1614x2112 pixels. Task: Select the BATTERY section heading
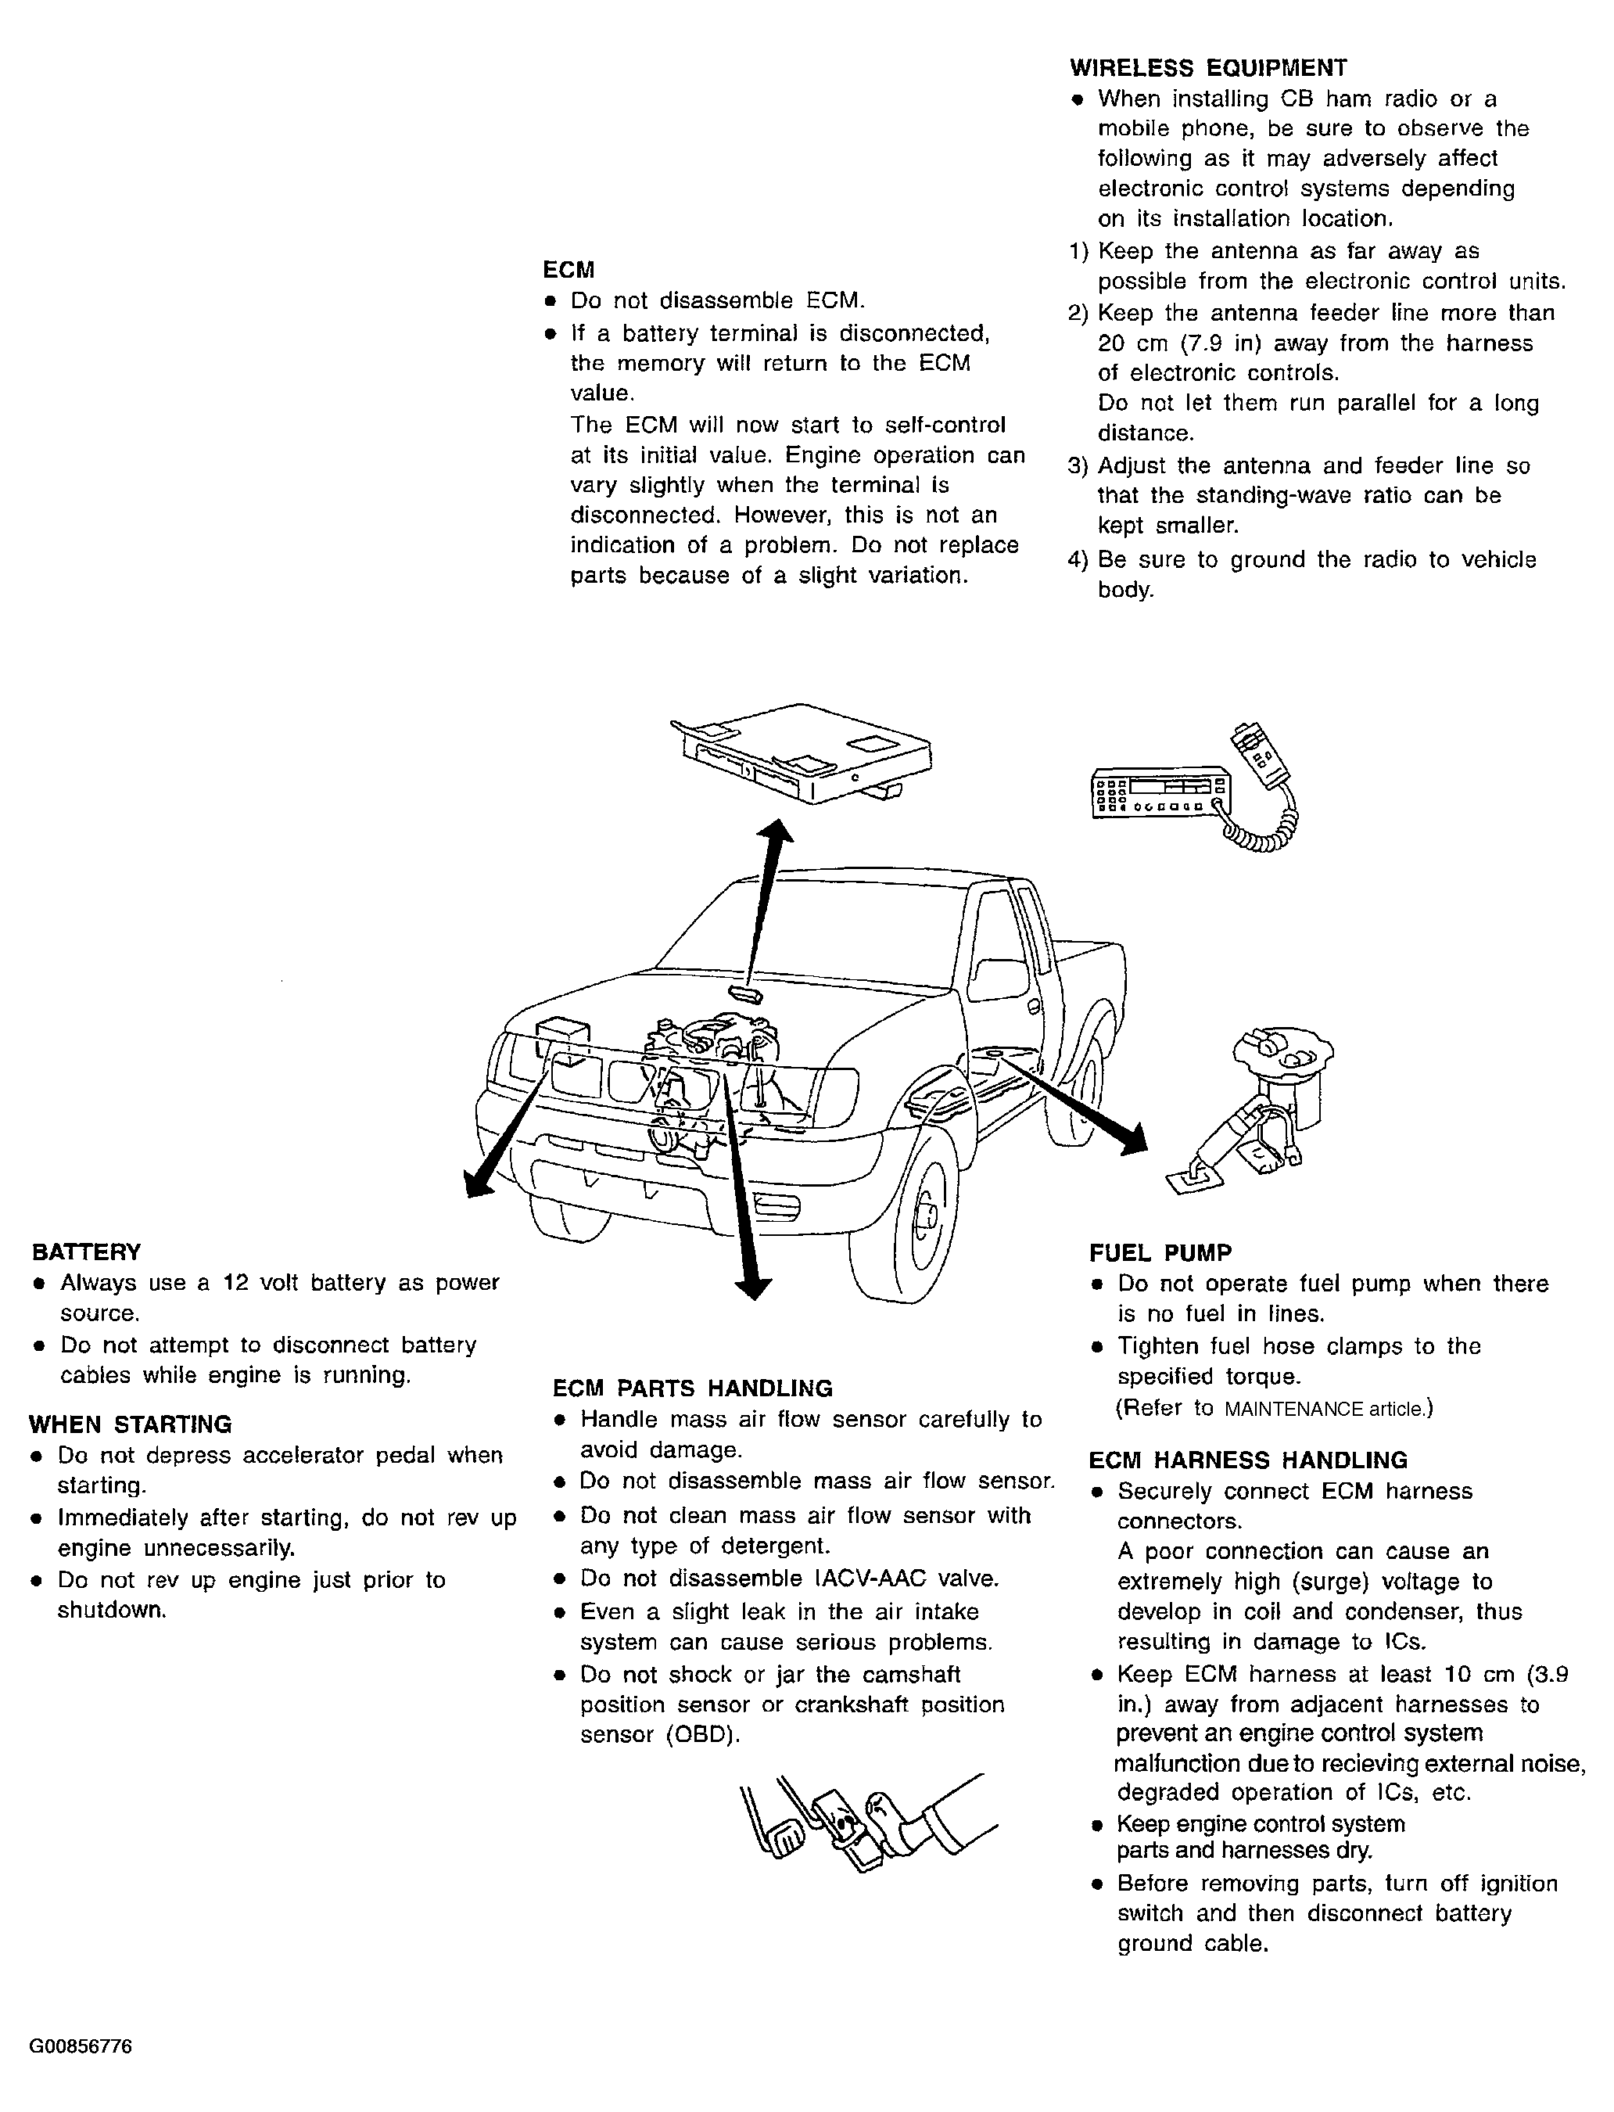[x=87, y=1252]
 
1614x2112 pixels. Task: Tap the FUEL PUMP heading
[x=1160, y=1253]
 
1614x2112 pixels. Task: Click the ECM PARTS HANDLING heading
[x=693, y=1388]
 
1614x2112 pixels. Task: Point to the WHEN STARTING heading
[x=130, y=1424]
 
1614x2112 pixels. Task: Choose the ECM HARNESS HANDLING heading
[x=1247, y=1460]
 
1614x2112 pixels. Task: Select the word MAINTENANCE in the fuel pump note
[x=1293, y=1410]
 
